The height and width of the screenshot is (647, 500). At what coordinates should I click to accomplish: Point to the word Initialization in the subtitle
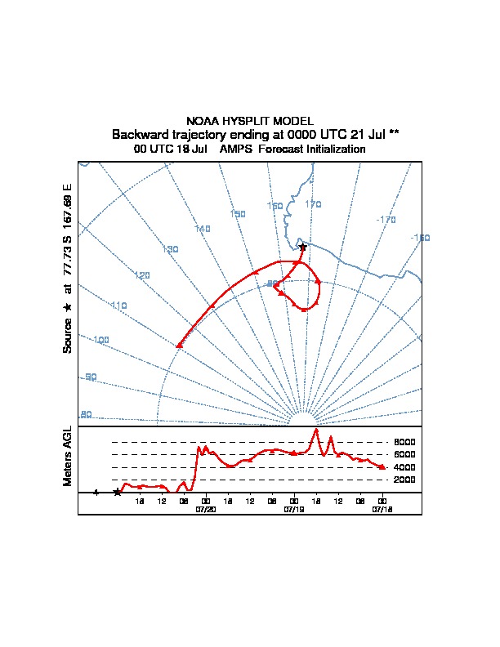pyautogui.click(x=335, y=149)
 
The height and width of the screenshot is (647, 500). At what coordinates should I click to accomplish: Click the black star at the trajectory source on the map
pyautogui.click(x=303, y=247)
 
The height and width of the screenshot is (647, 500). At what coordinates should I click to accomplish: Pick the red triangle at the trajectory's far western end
pyautogui.click(x=179, y=346)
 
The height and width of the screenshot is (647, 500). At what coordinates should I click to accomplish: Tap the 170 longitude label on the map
pyautogui.click(x=314, y=204)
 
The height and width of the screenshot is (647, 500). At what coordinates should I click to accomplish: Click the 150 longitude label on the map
pyautogui.click(x=238, y=214)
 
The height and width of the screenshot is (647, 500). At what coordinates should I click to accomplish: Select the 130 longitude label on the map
pyautogui.click(x=170, y=249)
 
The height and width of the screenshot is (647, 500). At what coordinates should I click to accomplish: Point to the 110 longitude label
pyautogui.click(x=119, y=306)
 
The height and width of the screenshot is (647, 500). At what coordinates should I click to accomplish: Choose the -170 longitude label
pyautogui.click(x=386, y=220)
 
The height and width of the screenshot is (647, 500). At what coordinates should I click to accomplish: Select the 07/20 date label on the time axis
pyautogui.click(x=205, y=509)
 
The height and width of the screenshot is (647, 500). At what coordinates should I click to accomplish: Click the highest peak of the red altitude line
pyautogui.click(x=315, y=430)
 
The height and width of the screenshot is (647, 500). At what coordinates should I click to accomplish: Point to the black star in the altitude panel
pyautogui.click(x=118, y=492)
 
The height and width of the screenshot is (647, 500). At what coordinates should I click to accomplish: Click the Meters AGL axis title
pyautogui.click(x=68, y=456)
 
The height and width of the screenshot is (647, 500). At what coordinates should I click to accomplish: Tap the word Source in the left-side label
pyautogui.click(x=68, y=336)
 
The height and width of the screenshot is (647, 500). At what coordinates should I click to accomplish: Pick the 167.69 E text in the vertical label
pyautogui.click(x=68, y=203)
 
